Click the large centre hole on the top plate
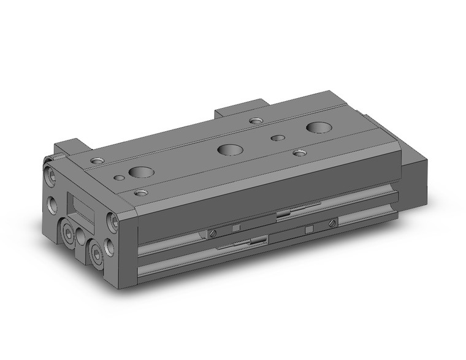pos(229,149)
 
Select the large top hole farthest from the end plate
pos(319,128)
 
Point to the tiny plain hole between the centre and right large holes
pos(278,138)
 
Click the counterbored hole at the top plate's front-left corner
pos(141,193)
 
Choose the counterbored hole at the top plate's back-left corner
pos(97,161)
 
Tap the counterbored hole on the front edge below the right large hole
pos(299,152)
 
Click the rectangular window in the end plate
pos(81,209)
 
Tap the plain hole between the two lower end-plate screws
pos(80,235)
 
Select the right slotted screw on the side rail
pos(333,223)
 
